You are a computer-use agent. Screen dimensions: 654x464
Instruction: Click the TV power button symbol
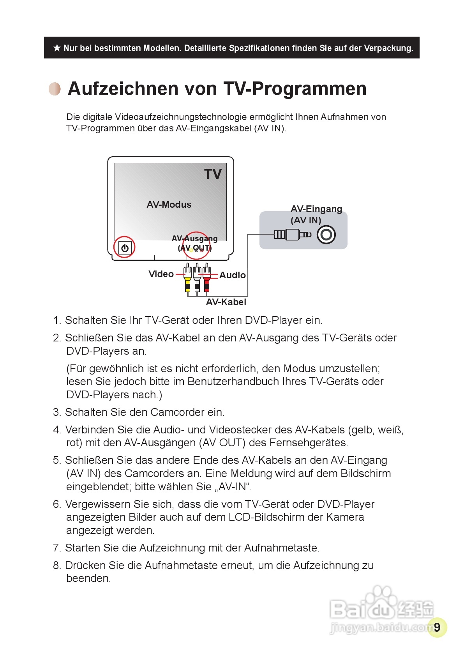pyautogui.click(x=125, y=248)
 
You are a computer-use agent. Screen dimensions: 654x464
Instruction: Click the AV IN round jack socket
pyautogui.click(x=326, y=235)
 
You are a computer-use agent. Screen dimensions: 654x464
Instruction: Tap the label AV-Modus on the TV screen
pyautogui.click(x=169, y=205)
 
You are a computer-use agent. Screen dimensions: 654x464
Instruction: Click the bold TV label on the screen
pyautogui.click(x=213, y=174)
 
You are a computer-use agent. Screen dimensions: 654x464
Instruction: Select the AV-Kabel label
pyautogui.click(x=226, y=302)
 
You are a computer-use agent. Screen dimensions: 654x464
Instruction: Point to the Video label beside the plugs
pyautogui.click(x=161, y=274)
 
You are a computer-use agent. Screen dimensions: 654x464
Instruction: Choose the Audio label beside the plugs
pyautogui.click(x=233, y=275)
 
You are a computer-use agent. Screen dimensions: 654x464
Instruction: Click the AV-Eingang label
pyautogui.click(x=316, y=209)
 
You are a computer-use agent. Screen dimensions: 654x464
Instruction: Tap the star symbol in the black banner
pyautogui.click(x=57, y=48)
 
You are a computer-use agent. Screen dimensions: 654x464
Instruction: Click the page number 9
pyautogui.click(x=437, y=627)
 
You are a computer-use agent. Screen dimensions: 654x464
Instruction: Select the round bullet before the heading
pyautogui.click(x=55, y=89)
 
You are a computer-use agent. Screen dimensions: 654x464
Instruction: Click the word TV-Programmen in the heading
pyautogui.click(x=295, y=88)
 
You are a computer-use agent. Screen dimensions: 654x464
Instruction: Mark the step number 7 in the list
pyautogui.click(x=57, y=548)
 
